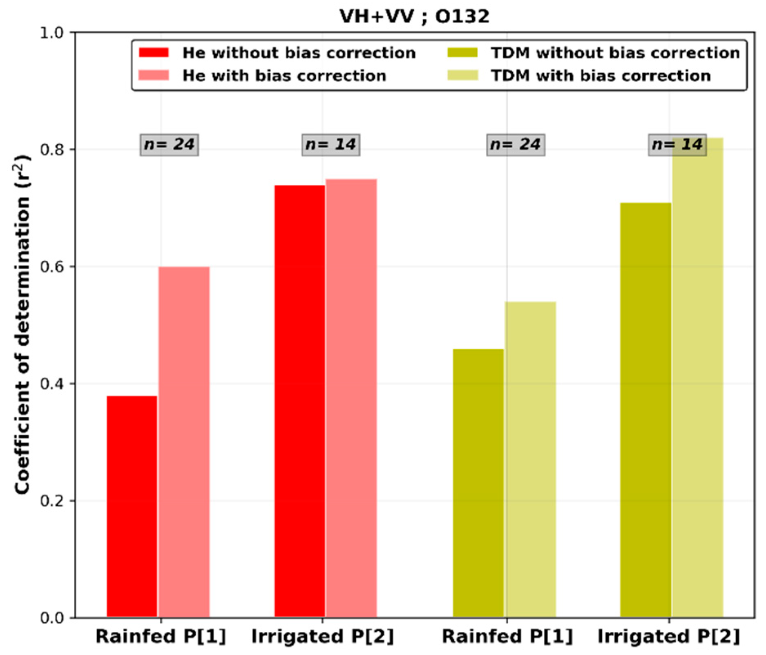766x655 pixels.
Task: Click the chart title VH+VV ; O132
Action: click(x=414, y=17)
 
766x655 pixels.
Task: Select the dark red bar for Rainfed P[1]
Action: click(x=132, y=507)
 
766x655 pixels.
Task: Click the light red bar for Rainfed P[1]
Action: click(x=184, y=441)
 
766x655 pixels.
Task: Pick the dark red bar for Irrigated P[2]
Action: click(x=300, y=400)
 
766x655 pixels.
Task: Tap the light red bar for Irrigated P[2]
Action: click(x=351, y=398)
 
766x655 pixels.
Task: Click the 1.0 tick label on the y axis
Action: click(x=52, y=33)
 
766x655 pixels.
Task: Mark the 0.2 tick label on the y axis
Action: click(x=52, y=501)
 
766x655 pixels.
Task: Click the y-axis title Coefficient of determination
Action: click(x=22, y=325)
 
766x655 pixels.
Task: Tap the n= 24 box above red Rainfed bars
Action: click(x=170, y=145)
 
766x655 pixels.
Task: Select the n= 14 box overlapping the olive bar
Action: click(x=677, y=145)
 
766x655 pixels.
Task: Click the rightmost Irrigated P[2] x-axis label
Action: click(x=669, y=637)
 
